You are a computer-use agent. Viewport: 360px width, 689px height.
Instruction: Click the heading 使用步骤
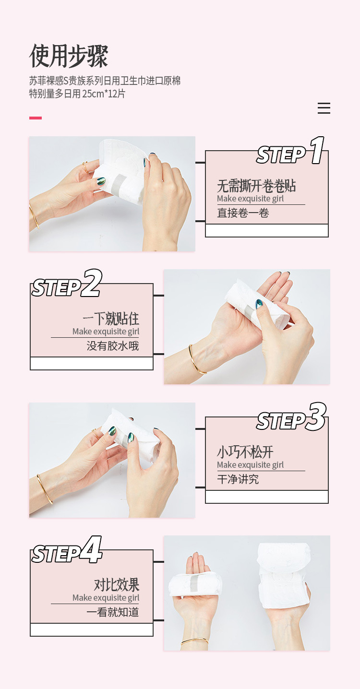click(69, 56)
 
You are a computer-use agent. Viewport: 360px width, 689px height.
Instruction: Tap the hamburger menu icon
click(324, 108)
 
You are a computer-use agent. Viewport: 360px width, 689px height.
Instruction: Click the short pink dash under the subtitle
click(36, 118)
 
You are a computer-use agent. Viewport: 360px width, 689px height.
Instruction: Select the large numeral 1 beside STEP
click(317, 151)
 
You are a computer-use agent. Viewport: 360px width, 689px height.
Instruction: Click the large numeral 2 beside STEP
click(92, 284)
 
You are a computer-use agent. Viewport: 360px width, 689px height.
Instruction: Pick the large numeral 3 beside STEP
click(316, 417)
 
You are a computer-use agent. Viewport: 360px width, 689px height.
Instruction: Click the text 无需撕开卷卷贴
click(256, 186)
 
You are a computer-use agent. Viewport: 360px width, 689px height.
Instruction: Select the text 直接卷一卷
click(243, 213)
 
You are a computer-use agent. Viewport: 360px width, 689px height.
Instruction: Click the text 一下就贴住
click(111, 319)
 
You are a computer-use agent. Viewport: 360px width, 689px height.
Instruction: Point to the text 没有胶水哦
click(113, 346)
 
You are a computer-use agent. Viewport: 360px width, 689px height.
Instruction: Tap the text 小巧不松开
click(245, 452)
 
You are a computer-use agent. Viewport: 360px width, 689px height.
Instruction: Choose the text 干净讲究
click(238, 479)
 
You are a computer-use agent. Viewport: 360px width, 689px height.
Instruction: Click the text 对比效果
click(117, 585)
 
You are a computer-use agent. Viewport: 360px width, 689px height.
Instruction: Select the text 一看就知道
click(113, 612)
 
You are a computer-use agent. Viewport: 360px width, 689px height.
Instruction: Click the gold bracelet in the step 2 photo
click(197, 360)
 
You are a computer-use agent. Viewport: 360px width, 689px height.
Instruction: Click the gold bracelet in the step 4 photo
click(194, 641)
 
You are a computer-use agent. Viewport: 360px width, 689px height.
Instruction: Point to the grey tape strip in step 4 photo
click(194, 584)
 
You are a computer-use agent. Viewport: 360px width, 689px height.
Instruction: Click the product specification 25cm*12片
click(104, 94)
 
